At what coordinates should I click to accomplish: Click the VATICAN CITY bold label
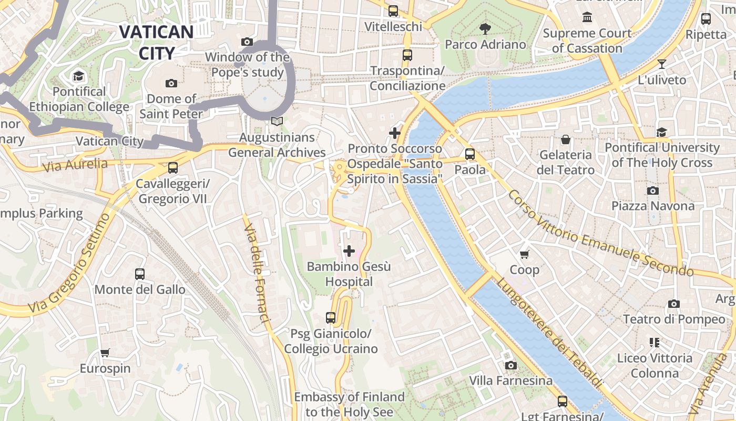156,42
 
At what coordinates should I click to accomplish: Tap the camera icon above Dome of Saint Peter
171,83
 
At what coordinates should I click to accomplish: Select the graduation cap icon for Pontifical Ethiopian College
79,76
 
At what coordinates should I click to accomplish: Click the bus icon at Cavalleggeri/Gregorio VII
172,168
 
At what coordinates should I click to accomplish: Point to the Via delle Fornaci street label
257,275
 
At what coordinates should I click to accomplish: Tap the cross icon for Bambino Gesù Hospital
349,251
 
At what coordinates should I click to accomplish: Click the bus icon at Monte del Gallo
140,274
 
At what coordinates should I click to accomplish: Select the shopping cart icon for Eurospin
105,353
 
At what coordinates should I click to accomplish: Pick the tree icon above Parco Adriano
485,28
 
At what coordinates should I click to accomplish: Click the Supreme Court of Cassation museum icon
587,17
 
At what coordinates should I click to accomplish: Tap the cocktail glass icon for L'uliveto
662,64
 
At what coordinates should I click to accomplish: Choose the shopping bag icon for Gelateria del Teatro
566,139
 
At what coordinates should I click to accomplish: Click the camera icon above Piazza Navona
653,191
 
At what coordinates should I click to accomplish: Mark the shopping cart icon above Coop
524,255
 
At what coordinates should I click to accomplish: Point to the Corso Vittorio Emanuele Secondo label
599,234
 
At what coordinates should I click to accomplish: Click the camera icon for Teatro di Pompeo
674,304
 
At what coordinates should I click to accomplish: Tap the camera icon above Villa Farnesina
510,365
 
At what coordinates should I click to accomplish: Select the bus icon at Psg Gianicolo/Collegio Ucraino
331,317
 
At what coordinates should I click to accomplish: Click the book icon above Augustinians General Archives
277,122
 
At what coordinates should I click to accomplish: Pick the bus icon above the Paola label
470,154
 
